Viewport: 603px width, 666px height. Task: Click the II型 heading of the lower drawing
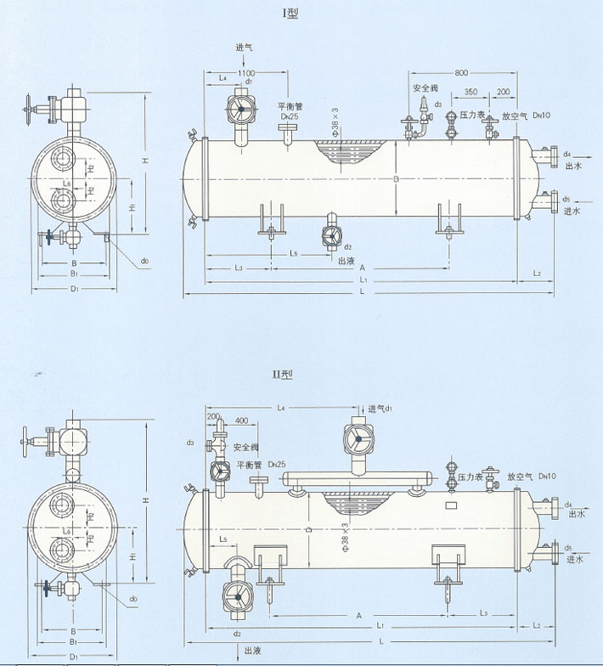tap(296, 374)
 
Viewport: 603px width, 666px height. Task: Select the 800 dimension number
tap(463, 73)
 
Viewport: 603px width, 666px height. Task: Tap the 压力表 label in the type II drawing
tap(470, 478)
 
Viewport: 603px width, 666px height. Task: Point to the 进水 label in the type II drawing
tap(577, 559)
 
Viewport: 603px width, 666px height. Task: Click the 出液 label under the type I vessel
tap(346, 262)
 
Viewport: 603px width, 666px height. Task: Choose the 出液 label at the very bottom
tap(252, 650)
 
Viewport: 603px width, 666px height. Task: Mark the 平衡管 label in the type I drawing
tap(285, 107)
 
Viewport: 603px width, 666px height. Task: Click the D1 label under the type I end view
tap(74, 290)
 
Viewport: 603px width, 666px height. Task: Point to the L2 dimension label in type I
tap(536, 273)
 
